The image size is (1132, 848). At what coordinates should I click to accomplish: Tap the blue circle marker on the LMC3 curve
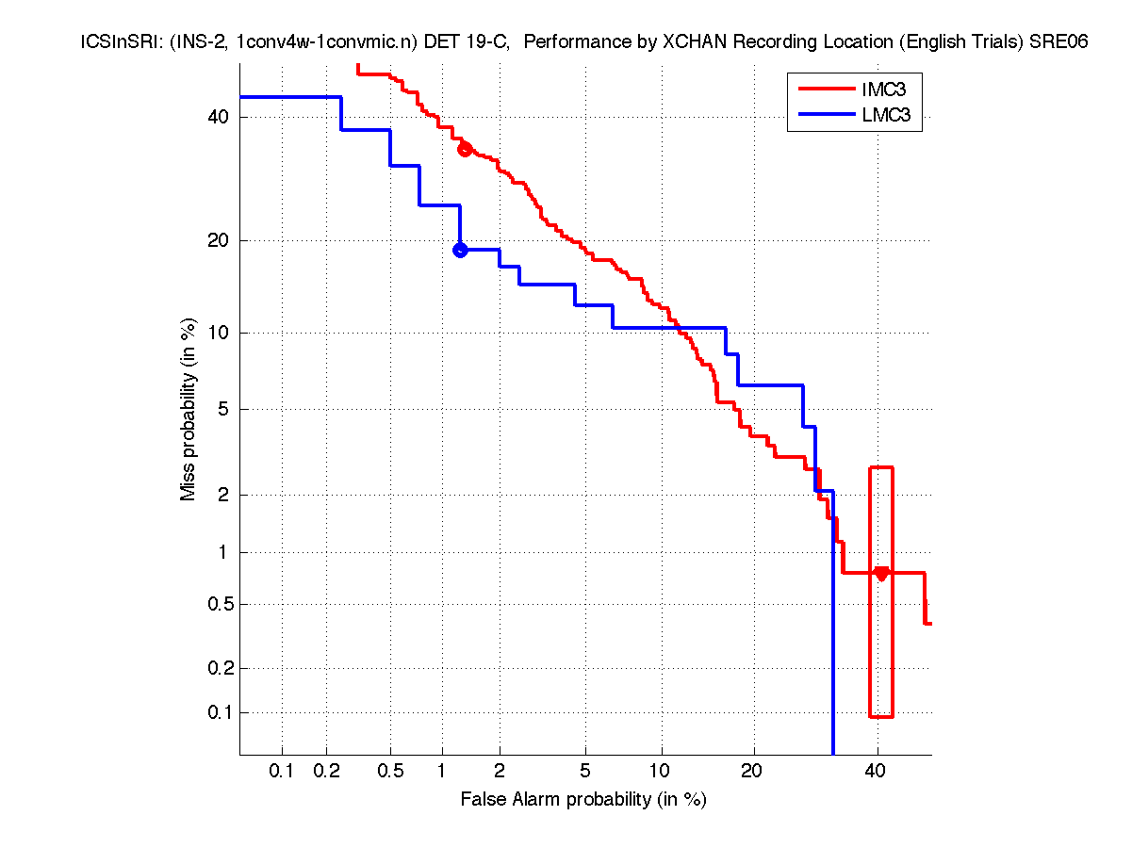pos(460,250)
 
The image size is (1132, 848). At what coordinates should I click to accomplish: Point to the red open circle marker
pos(464,149)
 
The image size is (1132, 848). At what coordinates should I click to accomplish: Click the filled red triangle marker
pos(881,574)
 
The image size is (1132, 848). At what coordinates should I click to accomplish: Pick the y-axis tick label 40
pos(218,117)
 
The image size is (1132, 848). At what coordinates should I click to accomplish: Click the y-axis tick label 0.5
pos(216,604)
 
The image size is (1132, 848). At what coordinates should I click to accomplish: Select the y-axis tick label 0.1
pos(216,712)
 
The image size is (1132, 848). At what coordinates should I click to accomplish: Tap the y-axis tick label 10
pos(218,333)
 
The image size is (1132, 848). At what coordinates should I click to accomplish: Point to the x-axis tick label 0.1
pos(282,771)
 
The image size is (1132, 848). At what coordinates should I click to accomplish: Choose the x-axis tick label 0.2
pos(327,771)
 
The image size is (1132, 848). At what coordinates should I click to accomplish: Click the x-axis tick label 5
pos(585,771)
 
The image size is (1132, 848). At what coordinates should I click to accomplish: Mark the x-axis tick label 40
pos(877,771)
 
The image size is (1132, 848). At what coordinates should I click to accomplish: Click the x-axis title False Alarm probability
pos(583,800)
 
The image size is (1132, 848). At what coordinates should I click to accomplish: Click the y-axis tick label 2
pos(222,495)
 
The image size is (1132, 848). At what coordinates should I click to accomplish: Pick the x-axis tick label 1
pos(441,771)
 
